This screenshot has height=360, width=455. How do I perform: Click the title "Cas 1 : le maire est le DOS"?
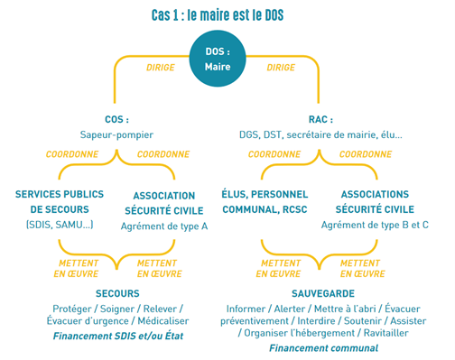coord(223,15)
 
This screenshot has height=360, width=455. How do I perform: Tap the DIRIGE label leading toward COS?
coord(161,68)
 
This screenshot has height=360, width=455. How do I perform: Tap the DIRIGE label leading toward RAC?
coord(282,68)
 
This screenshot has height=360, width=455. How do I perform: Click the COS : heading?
coord(116,119)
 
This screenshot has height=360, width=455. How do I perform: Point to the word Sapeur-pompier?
coord(116,134)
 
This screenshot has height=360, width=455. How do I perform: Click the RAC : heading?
coord(320,119)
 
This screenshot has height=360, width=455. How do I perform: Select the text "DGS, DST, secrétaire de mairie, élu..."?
coord(320,134)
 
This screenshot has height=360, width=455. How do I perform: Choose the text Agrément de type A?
coord(164,226)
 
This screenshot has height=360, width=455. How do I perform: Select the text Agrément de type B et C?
coord(375,225)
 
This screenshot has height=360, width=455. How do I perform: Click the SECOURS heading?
coord(117,293)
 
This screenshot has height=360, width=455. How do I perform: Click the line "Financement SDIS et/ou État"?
coord(117,335)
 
